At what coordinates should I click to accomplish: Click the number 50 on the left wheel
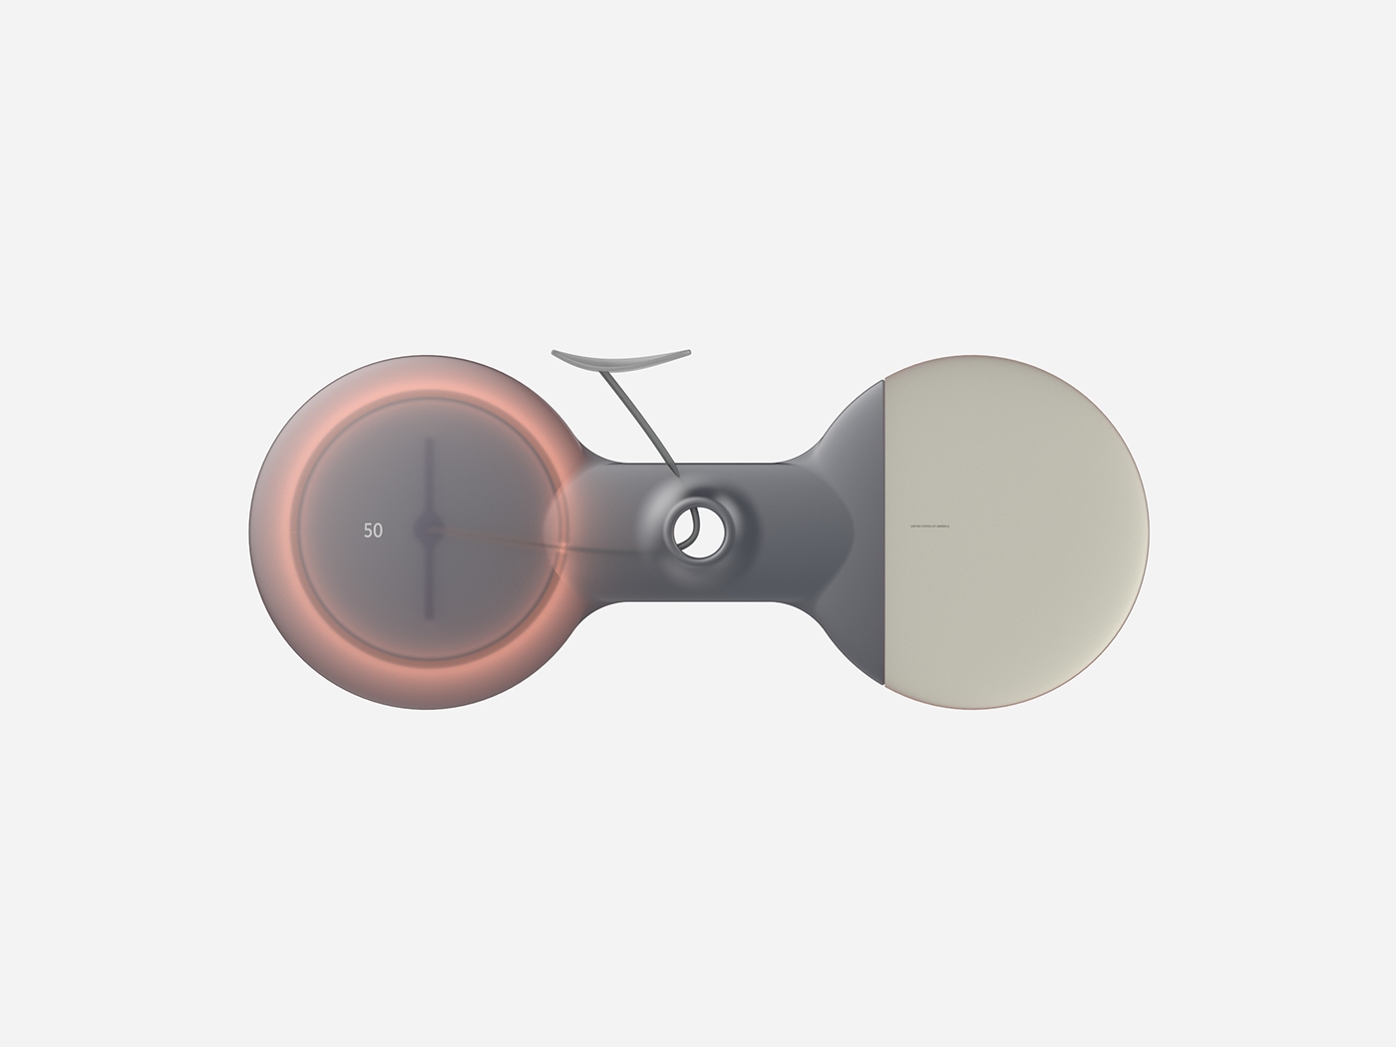373,531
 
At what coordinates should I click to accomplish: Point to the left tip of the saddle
553,352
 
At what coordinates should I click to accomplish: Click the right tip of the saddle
687,352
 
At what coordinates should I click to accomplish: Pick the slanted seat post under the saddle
641,419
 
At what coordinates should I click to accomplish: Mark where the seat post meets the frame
674,471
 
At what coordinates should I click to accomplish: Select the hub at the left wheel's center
429,529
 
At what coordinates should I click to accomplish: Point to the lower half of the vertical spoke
429,583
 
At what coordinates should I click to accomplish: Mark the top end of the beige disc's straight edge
885,381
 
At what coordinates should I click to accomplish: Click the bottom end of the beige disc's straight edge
885,684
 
